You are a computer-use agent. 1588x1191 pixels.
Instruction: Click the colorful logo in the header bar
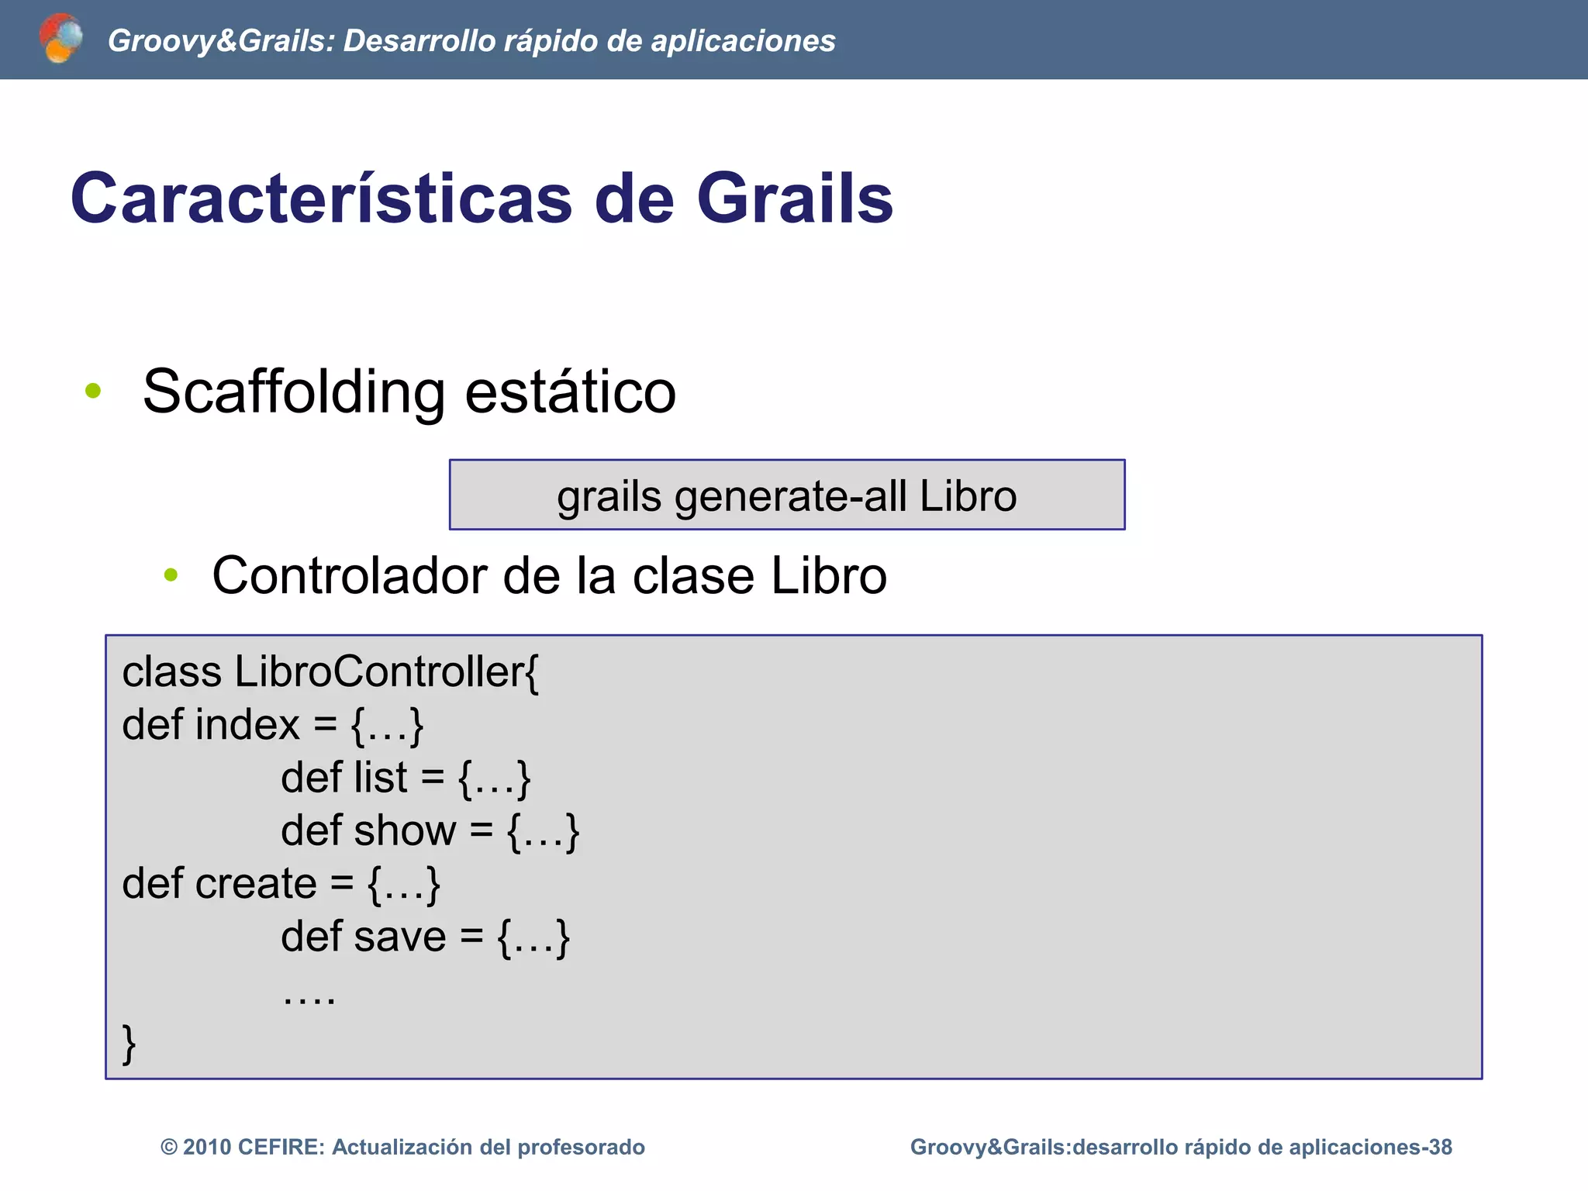60,38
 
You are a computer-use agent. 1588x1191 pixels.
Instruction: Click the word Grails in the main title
795,198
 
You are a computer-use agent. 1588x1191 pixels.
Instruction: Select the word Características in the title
321,198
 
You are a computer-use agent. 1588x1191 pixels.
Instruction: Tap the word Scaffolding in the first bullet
294,392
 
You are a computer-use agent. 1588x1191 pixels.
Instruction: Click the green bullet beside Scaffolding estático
93,391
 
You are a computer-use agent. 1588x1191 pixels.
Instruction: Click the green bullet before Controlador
171,575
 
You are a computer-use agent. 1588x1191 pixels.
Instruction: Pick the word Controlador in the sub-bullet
350,576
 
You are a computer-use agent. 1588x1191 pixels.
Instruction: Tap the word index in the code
247,726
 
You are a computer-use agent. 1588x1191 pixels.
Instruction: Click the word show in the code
406,831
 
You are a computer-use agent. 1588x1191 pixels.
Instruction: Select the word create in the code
256,884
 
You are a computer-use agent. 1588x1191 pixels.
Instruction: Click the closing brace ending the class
129,1044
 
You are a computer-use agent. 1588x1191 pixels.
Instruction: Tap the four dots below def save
309,999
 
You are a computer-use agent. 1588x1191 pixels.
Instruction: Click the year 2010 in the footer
207,1148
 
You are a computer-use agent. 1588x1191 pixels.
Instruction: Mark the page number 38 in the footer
1440,1148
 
